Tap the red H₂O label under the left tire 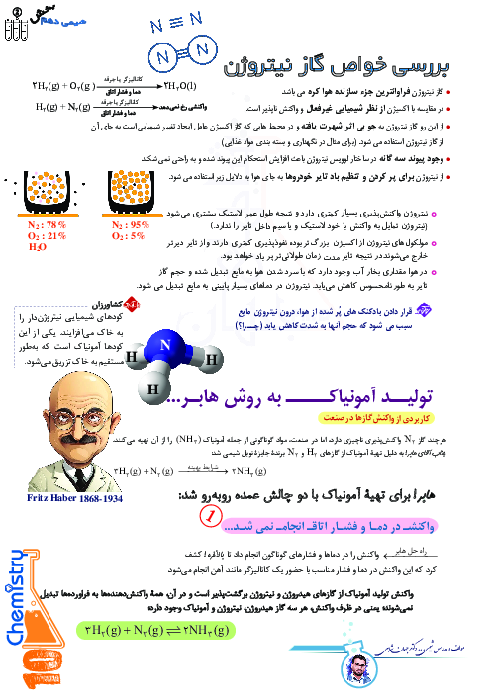pos(38,248)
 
